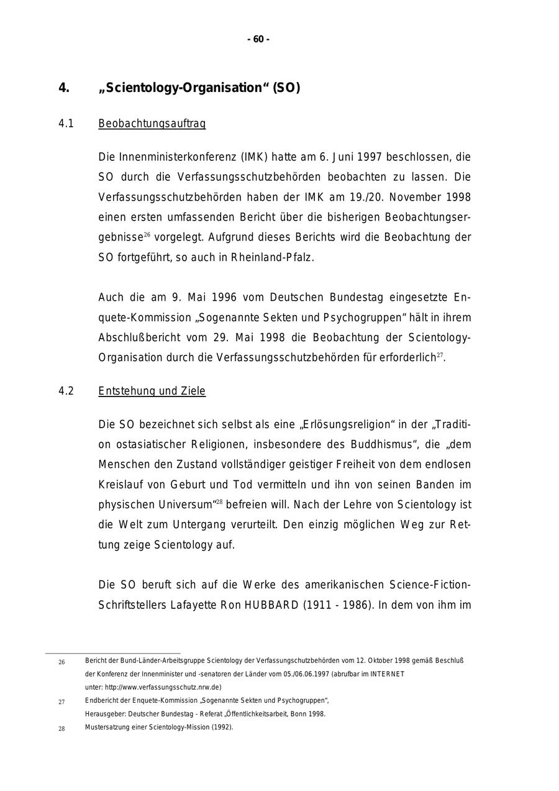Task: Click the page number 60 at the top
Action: coord(258,40)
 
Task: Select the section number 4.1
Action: coord(66,124)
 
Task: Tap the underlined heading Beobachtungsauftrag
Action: coord(152,124)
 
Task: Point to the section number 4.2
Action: coord(66,391)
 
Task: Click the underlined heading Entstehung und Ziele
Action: coord(152,391)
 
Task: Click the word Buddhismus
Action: coord(378,444)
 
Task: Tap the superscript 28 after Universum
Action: coord(219,501)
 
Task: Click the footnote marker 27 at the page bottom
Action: coord(61,702)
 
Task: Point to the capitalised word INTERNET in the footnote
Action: coord(387,674)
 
